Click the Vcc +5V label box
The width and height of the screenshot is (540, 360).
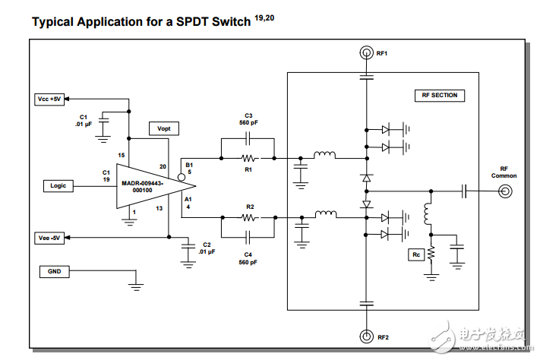(51, 99)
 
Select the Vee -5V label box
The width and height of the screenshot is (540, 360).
(51, 237)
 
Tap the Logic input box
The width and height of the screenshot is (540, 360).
(58, 185)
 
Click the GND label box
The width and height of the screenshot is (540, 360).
(55, 271)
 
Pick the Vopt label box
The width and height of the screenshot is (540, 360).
(164, 128)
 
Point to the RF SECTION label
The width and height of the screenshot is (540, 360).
(439, 95)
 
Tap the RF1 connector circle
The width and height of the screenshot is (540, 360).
(366, 53)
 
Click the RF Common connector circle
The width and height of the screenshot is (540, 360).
(504, 193)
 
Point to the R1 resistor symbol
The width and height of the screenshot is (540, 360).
(248, 159)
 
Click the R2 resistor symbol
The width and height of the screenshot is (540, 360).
(248, 217)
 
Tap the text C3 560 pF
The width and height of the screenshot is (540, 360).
(248, 117)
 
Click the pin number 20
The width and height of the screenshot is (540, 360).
(162, 166)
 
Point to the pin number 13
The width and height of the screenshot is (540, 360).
(159, 207)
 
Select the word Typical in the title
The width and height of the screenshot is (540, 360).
(52, 21)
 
